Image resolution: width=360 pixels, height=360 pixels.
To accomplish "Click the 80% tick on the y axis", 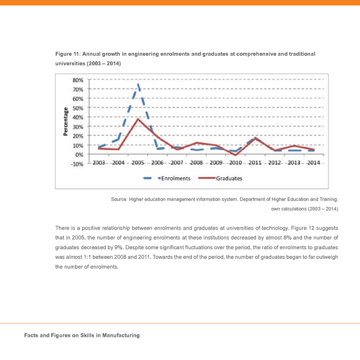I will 78,80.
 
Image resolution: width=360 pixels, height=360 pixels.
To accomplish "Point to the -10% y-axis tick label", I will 77,164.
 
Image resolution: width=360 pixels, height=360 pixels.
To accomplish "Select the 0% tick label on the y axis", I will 79,155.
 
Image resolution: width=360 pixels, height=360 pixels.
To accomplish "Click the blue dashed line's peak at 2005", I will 138,84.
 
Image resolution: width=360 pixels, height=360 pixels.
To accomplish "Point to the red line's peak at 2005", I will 137,119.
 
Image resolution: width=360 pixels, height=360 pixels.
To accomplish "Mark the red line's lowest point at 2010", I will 235,155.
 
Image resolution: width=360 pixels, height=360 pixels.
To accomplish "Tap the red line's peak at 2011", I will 255,138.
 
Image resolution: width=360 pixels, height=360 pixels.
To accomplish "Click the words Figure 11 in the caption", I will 68,53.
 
